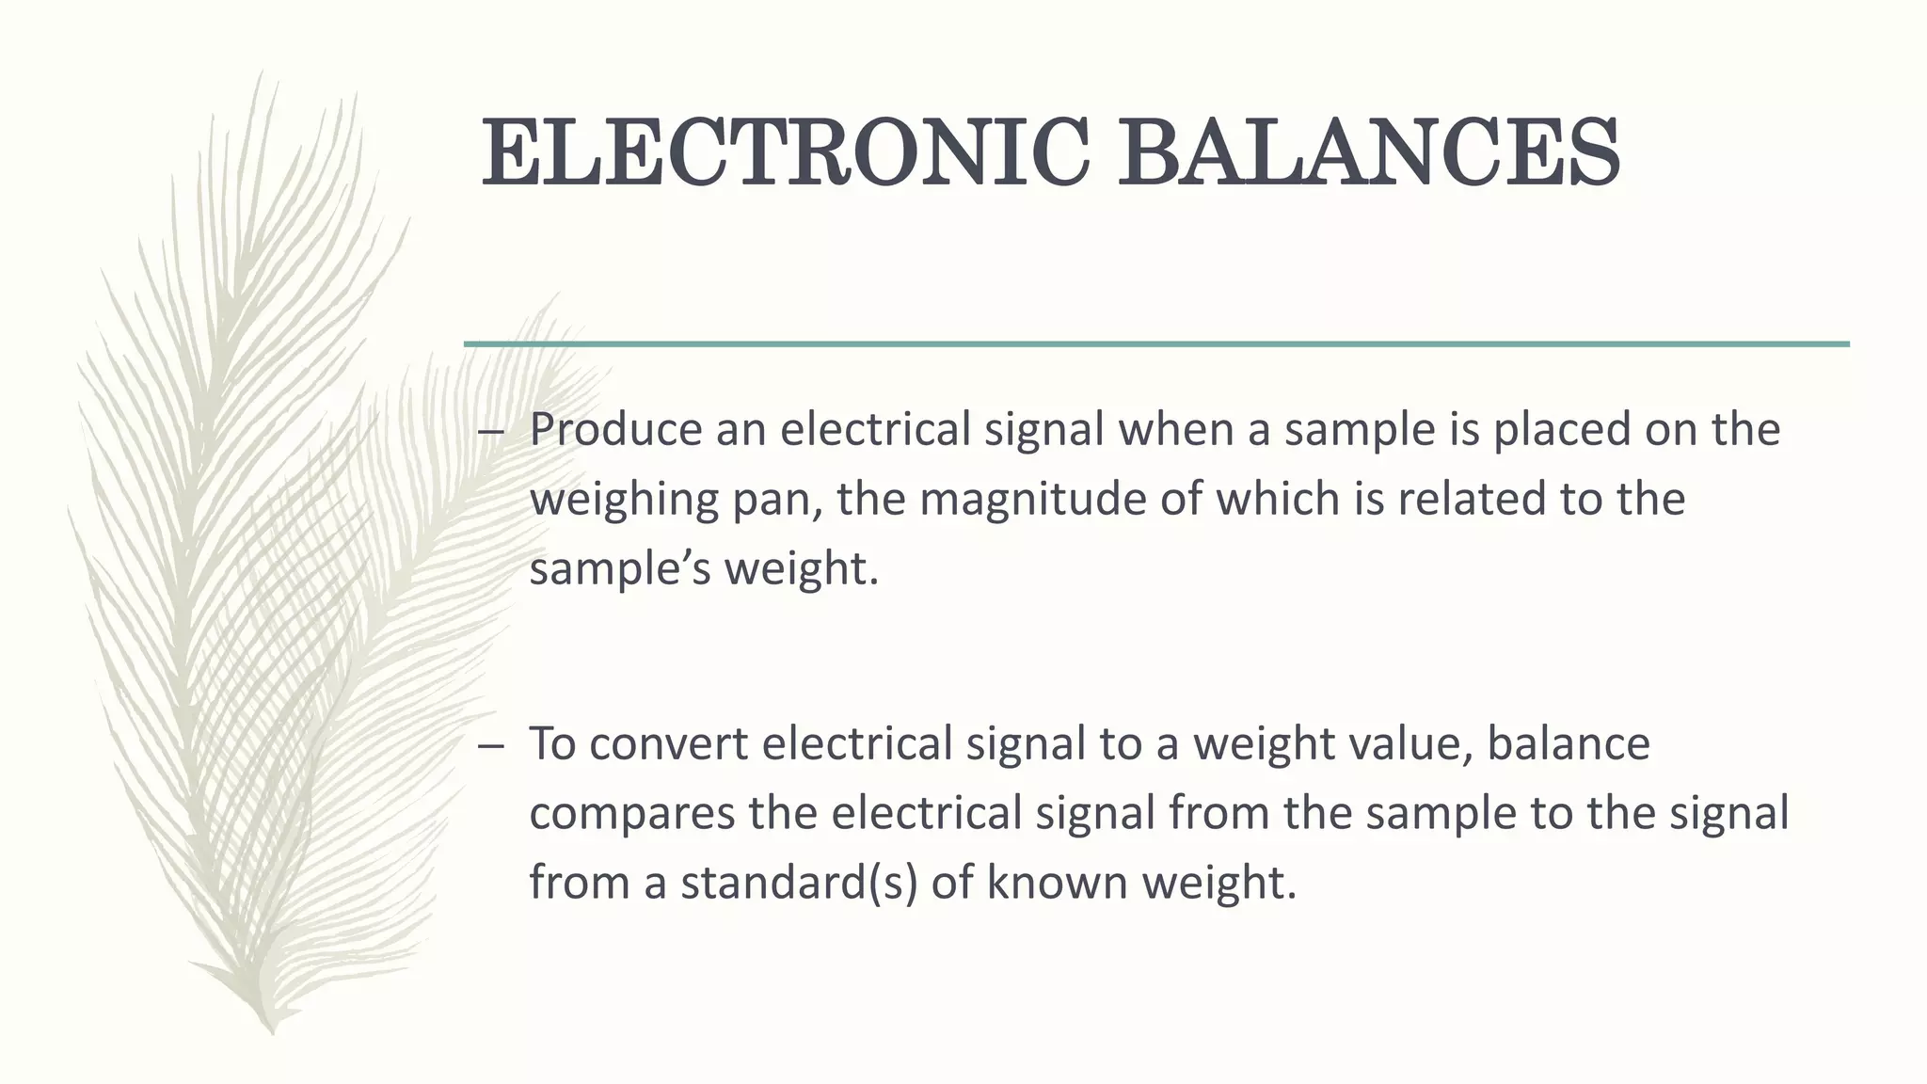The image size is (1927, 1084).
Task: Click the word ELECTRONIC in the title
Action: pos(785,152)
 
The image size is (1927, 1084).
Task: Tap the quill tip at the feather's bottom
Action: pos(272,1029)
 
